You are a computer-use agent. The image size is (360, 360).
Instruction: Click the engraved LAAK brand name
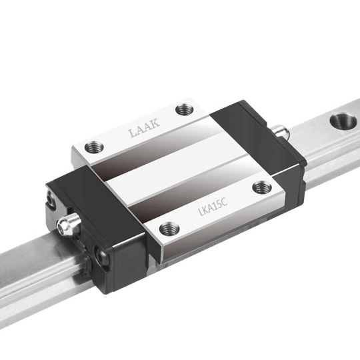pyautogui.click(x=144, y=127)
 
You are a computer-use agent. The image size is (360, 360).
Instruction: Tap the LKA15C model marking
pyautogui.click(x=213, y=207)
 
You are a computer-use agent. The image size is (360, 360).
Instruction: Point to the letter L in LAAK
pyautogui.click(x=133, y=133)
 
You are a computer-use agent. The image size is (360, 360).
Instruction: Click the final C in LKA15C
pyautogui.click(x=224, y=202)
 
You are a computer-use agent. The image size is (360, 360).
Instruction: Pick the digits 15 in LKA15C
pyautogui.click(x=217, y=205)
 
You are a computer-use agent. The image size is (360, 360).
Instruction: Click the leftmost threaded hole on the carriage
pyautogui.click(x=94, y=147)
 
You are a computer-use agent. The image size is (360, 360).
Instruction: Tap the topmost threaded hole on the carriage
pyautogui.click(x=185, y=109)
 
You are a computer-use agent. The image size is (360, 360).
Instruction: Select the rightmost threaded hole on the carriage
pyautogui.click(x=262, y=187)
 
